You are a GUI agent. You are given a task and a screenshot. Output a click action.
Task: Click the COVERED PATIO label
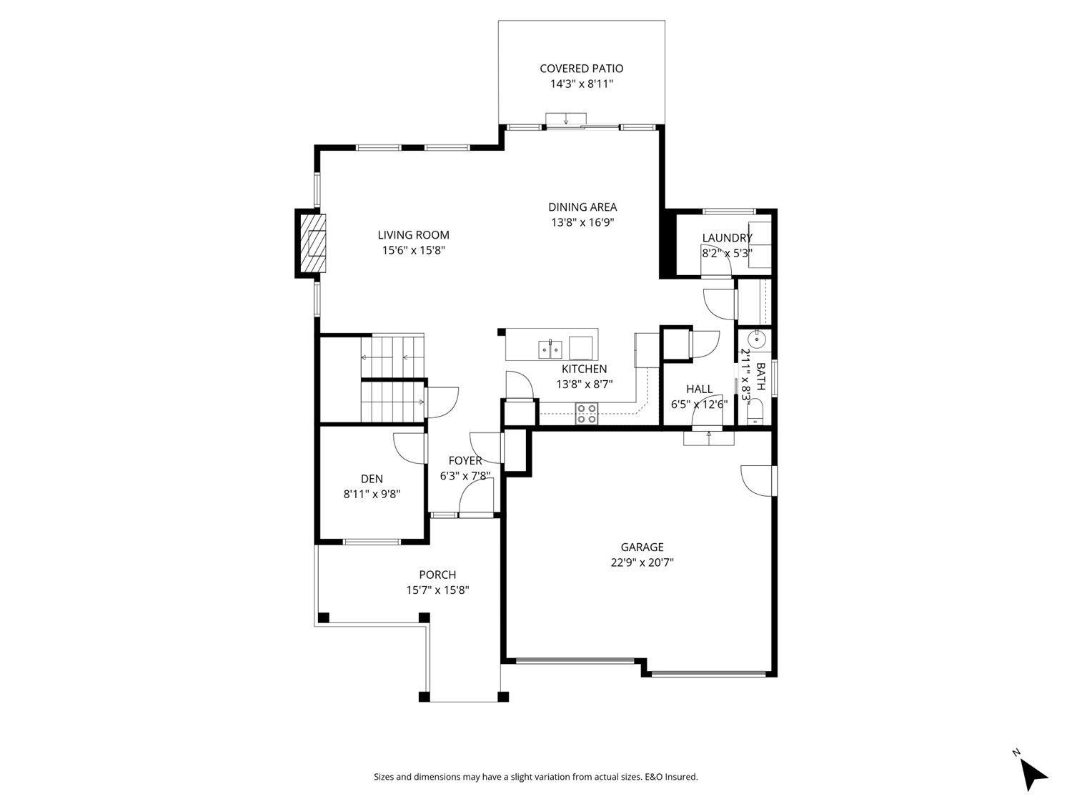[x=581, y=69]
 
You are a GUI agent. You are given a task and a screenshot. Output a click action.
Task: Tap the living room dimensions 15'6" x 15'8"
[x=414, y=250]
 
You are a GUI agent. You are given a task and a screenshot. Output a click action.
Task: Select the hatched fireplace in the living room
[x=312, y=244]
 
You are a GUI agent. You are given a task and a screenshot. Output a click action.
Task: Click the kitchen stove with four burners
[x=587, y=414]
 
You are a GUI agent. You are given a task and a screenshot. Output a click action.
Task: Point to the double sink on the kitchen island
[x=550, y=349]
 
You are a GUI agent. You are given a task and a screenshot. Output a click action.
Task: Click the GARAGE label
[x=642, y=547]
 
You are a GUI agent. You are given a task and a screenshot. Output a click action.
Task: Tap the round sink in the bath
[x=755, y=339]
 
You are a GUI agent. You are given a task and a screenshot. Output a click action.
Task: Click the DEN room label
[x=372, y=479]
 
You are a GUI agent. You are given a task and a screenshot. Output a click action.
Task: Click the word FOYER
[x=465, y=461]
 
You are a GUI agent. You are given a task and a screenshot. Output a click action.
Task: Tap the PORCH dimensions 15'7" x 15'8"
[x=437, y=590]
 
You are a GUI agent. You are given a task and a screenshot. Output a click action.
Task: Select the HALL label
[x=699, y=389]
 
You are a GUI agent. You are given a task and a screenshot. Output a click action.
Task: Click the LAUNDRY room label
[x=727, y=238]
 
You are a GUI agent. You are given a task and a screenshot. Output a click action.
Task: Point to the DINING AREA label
[x=582, y=207]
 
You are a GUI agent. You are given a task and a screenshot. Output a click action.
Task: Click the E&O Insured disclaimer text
[x=536, y=777]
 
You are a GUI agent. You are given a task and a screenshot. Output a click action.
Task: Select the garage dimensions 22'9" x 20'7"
[x=642, y=562]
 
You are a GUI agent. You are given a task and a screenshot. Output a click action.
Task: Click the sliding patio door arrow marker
[x=566, y=119]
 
